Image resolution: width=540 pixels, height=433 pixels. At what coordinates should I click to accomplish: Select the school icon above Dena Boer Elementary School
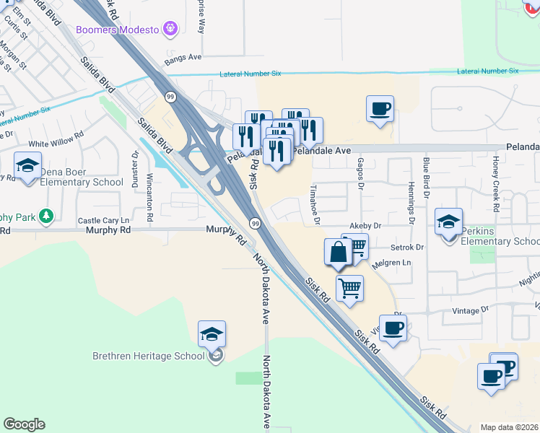pyautogui.click(x=27, y=166)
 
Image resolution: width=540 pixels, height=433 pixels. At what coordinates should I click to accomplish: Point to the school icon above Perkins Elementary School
pyautogui.click(x=448, y=222)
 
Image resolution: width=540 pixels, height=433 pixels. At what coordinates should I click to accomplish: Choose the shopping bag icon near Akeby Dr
pyautogui.click(x=338, y=253)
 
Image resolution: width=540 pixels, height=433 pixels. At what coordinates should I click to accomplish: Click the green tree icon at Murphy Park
pyautogui.click(x=47, y=215)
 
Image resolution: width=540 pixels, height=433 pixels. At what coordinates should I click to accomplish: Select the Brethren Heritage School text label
pyautogui.click(x=149, y=356)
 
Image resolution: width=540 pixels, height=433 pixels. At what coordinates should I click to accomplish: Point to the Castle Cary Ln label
pyautogui.click(x=103, y=220)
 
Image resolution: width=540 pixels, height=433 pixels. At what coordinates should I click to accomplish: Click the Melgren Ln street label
pyautogui.click(x=391, y=263)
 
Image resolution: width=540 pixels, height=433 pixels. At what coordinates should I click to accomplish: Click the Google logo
pyautogui.click(x=25, y=424)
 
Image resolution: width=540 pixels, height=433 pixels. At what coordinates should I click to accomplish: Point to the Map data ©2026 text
pyautogui.click(x=509, y=427)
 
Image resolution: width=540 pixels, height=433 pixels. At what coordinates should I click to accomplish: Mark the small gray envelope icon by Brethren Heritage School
pyautogui.click(x=216, y=355)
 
